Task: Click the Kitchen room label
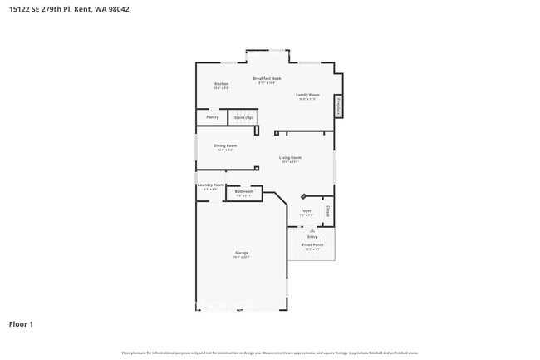(221, 84)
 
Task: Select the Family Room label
(307, 95)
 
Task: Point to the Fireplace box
(338, 106)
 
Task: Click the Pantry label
(213, 117)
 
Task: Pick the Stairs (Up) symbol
(243, 118)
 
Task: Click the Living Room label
(290, 157)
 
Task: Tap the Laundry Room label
(210, 185)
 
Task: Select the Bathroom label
(243, 191)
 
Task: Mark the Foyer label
(306, 211)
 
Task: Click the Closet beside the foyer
(328, 211)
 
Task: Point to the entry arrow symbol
(312, 229)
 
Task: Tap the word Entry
(312, 236)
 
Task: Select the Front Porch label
(312, 245)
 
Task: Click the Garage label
(242, 253)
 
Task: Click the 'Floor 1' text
(21, 323)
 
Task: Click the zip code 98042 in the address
(116, 9)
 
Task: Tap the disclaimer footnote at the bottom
(270, 353)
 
